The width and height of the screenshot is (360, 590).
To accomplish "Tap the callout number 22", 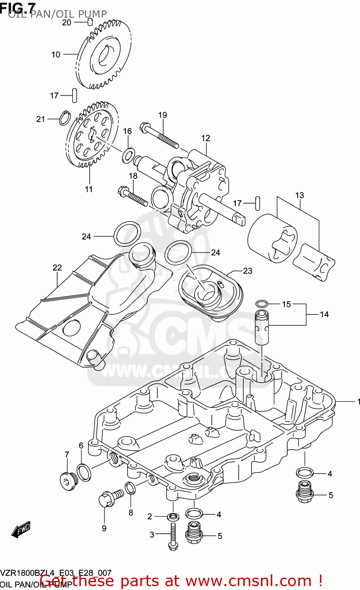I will tap(57, 268).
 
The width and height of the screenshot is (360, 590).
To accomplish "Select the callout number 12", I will tap(206, 138).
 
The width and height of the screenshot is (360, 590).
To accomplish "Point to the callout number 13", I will tap(299, 195).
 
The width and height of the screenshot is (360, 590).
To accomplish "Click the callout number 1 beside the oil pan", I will tap(358, 402).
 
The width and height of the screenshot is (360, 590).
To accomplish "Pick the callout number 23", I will tap(247, 271).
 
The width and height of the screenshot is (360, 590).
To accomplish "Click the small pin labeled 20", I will tap(90, 22).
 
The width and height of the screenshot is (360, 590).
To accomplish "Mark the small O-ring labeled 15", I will tap(262, 303).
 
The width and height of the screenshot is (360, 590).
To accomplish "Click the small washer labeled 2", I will tap(173, 516).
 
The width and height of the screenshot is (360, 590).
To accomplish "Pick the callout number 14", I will tap(324, 314).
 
